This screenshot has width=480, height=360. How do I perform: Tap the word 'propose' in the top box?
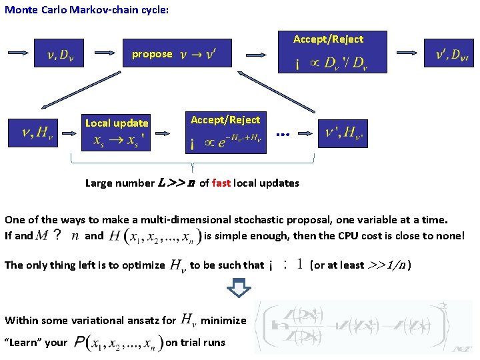[x=152, y=54]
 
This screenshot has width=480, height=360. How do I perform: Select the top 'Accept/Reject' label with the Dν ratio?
[x=328, y=39]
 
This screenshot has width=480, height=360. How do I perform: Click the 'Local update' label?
[x=117, y=123]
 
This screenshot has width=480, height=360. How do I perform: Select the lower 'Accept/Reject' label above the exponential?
[x=225, y=120]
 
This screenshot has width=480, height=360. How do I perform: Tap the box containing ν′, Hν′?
[x=343, y=133]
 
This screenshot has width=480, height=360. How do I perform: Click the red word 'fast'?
[x=221, y=183]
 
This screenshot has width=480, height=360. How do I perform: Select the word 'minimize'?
[x=223, y=321]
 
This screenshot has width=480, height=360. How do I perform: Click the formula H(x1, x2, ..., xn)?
[x=153, y=235]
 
